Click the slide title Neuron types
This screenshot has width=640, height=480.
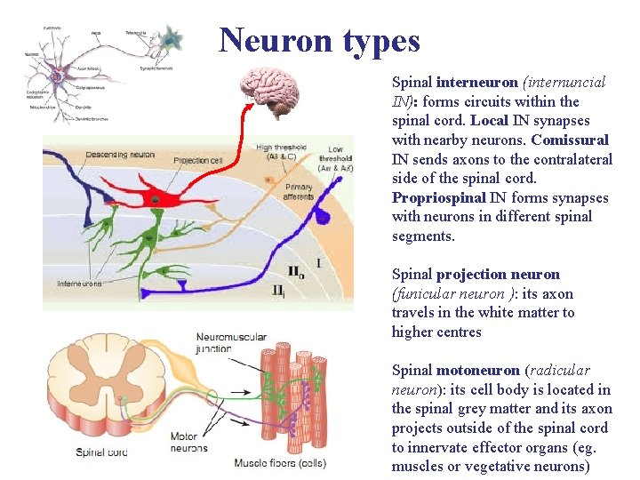(319, 40)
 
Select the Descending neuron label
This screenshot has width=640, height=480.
(121, 155)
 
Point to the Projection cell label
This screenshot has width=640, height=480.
(198, 160)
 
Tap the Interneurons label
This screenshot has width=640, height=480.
(79, 284)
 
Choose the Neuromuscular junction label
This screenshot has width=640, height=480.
(225, 343)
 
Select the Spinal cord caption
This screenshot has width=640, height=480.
(103, 452)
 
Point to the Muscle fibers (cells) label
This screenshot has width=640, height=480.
(280, 463)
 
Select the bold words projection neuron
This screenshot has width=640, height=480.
(498, 274)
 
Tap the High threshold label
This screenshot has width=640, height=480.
(280, 152)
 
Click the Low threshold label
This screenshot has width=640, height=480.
(335, 157)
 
